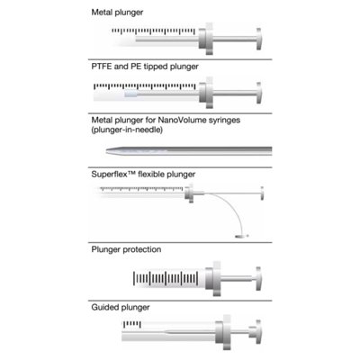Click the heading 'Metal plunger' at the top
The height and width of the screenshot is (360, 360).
pos(117,13)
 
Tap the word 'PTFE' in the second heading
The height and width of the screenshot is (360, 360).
pos(102,67)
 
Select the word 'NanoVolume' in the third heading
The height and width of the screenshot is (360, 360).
pos(177,120)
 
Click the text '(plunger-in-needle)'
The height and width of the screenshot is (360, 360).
pos(127,130)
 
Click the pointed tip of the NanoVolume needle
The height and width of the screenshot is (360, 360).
pos(107,150)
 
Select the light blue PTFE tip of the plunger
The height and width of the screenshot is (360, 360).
pos(130,94)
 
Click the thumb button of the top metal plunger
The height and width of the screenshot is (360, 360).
pos(259,39)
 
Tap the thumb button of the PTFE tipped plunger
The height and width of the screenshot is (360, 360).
pos(259,93)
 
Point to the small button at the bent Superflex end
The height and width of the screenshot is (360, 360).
pos(241,237)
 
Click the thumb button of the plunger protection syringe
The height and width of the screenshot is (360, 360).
pos(258,279)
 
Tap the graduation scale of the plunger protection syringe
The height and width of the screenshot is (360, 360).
pos(166,279)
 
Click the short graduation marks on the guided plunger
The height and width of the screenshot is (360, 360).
pos(132,324)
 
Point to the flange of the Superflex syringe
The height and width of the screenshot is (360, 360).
pos(190,193)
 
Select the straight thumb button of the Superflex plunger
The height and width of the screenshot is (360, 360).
pos(262,193)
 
